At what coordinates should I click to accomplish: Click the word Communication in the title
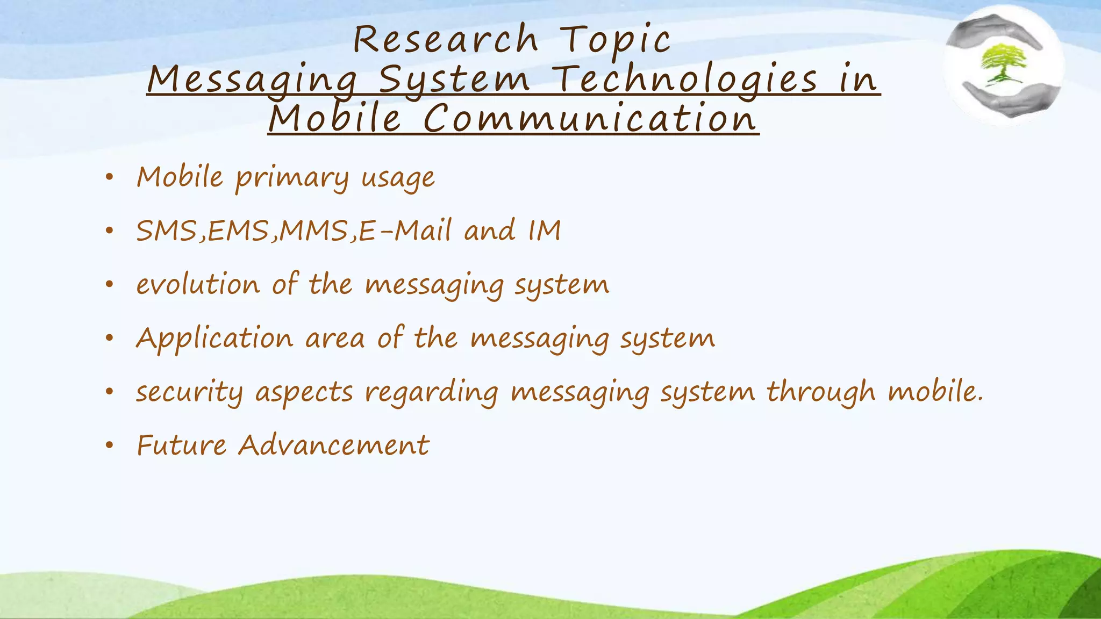point(590,119)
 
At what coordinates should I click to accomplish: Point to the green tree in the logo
point(1003,63)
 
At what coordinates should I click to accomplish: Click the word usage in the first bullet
point(398,178)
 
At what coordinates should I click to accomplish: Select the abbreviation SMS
point(167,231)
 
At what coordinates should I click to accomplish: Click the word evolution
point(198,284)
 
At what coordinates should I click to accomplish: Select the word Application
point(215,339)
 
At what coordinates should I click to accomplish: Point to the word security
point(189,392)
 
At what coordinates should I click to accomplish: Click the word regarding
point(432,392)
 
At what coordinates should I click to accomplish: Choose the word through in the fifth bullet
point(821,392)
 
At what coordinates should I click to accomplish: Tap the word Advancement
point(334,445)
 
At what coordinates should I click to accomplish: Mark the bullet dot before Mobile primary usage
point(110,177)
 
